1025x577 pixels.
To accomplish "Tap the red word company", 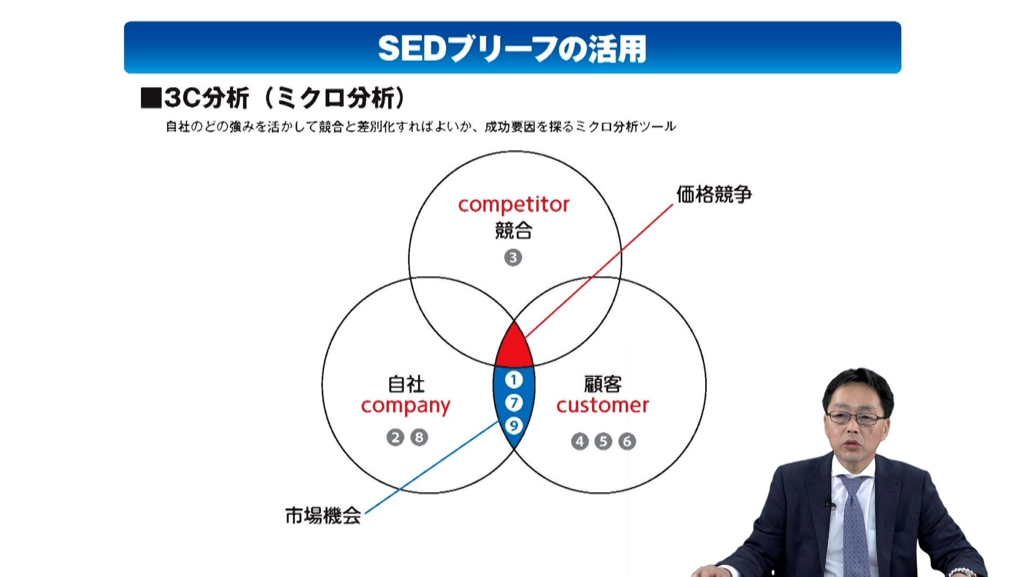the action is [x=406, y=407].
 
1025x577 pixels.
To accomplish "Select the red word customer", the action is [x=603, y=406].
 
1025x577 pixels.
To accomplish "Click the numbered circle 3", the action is [x=513, y=258].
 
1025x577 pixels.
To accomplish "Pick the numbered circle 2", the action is [x=395, y=438].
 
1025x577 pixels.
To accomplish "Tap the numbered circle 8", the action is [x=419, y=438].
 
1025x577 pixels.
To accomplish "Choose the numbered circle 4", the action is [x=580, y=441].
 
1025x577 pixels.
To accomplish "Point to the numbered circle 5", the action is [x=603, y=441].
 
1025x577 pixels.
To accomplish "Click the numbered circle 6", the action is [x=627, y=441].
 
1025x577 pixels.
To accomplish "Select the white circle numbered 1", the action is [x=514, y=380].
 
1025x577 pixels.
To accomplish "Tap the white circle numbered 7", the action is [x=514, y=403].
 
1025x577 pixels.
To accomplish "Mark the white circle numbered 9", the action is [x=514, y=426].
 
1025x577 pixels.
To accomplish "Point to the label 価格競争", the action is [x=714, y=194].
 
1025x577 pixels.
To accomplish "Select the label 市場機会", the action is [x=323, y=516].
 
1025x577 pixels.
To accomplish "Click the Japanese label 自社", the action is [x=406, y=384].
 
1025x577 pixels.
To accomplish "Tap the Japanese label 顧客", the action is [x=603, y=384].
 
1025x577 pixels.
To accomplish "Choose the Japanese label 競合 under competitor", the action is [x=514, y=230].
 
